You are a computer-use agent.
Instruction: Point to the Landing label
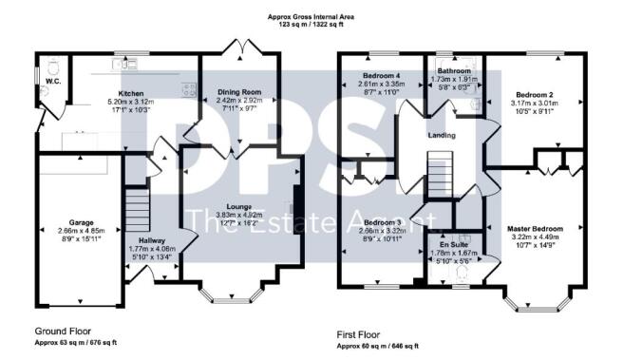click(x=441, y=136)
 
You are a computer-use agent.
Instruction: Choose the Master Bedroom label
click(x=537, y=229)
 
